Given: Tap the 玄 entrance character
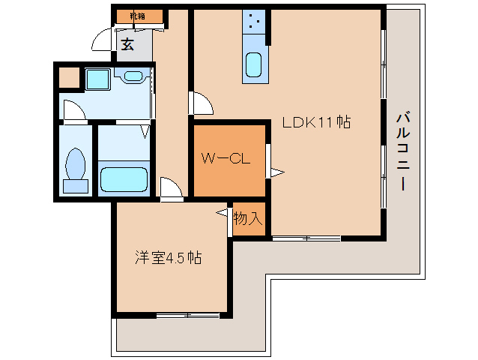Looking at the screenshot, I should pyautogui.click(x=128, y=44).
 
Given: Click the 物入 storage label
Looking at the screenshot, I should pyautogui.click(x=248, y=219).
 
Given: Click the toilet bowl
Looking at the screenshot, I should pyautogui.click(x=76, y=164).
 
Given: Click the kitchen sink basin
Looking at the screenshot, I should pyautogui.click(x=254, y=67).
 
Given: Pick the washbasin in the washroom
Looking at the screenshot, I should pyautogui.click(x=136, y=75).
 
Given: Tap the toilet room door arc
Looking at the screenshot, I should pyautogui.click(x=73, y=109).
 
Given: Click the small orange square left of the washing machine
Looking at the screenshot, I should pyautogui.click(x=69, y=78).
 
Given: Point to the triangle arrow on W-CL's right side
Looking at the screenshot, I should pyautogui.click(x=276, y=173).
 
